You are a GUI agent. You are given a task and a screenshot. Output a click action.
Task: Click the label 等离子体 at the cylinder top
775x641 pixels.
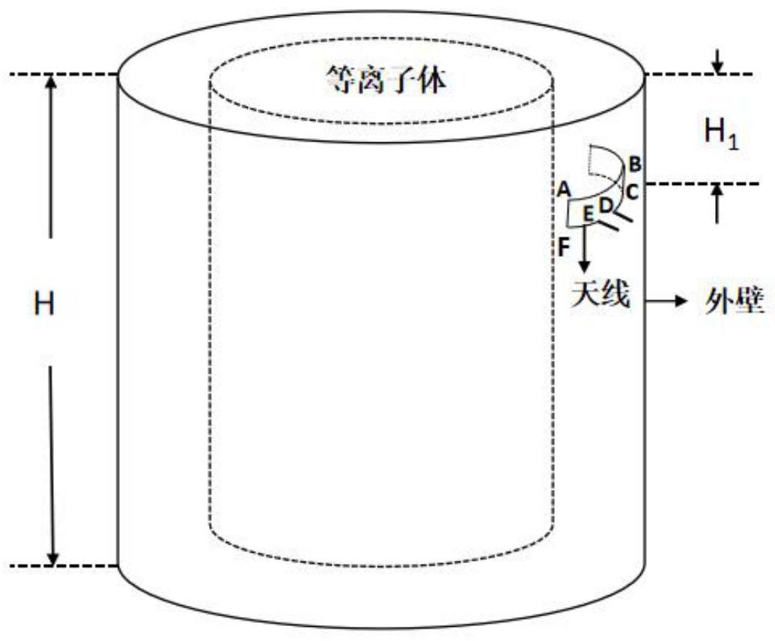386,79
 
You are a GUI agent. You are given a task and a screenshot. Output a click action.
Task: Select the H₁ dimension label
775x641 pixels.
721,136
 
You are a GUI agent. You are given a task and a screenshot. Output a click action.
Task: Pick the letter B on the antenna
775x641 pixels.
633,162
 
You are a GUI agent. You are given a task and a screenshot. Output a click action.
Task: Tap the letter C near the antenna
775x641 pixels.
631,192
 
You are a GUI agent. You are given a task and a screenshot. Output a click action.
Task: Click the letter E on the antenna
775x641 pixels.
589,216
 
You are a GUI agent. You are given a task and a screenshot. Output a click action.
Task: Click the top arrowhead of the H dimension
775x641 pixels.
52,81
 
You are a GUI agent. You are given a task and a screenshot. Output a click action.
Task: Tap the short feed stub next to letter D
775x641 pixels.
627,215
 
